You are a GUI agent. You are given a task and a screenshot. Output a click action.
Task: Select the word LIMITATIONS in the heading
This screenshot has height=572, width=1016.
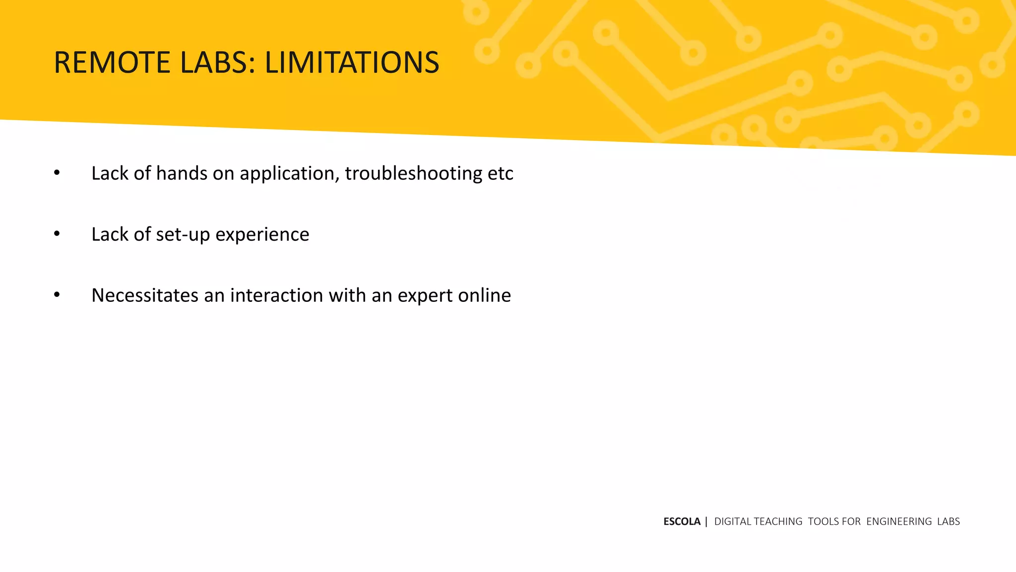pyautogui.click(x=352, y=63)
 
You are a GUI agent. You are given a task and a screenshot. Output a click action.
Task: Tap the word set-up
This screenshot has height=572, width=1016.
pyautogui.click(x=183, y=235)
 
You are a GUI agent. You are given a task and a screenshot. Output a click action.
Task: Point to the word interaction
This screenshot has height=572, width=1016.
pyautogui.click(x=277, y=295)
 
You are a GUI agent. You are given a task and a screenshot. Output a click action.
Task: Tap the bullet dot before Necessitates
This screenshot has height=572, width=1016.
pyautogui.click(x=57, y=295)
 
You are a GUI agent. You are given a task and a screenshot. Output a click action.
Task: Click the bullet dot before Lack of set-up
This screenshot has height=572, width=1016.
pyautogui.click(x=57, y=234)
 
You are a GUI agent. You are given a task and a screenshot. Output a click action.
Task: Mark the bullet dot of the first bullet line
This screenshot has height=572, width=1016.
pyautogui.click(x=57, y=173)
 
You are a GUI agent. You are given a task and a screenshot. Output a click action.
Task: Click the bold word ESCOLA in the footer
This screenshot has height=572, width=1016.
pyautogui.click(x=682, y=521)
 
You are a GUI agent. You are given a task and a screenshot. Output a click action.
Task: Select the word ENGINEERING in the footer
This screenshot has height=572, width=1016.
pyautogui.click(x=899, y=521)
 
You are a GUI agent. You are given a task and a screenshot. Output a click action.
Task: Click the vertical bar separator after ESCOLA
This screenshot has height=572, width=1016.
pyautogui.click(x=706, y=521)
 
